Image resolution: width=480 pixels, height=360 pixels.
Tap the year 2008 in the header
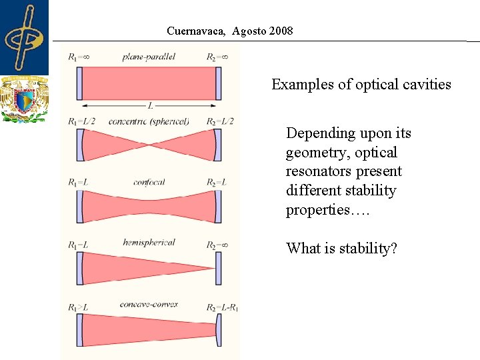pos(279,31)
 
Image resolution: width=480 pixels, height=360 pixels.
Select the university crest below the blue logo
pos(24,99)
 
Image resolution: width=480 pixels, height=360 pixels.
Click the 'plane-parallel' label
pos(149,57)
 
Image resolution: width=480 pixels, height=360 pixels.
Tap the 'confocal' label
pos(149,182)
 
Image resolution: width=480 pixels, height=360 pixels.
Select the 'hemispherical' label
pos(149,243)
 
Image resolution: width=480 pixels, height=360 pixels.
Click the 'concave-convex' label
pos(149,305)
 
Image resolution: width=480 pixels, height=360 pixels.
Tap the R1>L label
pos(78,307)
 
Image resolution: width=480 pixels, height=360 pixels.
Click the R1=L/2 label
pos(81,121)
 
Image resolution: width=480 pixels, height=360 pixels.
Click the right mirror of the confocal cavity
pos(217,206)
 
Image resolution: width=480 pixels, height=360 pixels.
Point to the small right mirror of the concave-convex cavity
pos(219,329)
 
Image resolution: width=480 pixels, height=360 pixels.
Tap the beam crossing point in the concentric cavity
pos(150,145)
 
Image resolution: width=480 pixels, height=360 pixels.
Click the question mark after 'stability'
pos(394,249)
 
